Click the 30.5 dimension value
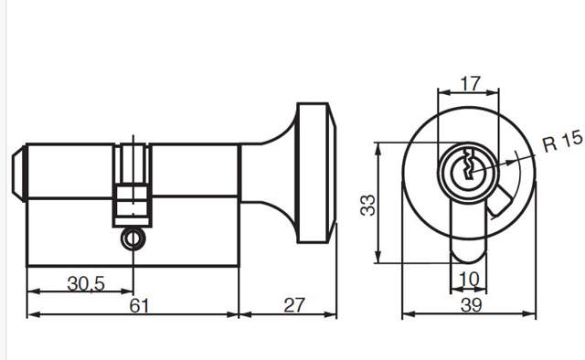[86, 284]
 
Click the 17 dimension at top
[469, 83]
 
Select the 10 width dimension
[469, 279]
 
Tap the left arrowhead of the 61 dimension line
[32, 315]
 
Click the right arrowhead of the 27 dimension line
[333, 315]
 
